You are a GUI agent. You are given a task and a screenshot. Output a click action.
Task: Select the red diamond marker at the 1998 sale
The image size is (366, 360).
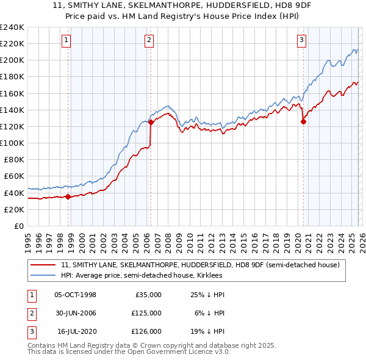pyautogui.click(x=68, y=196)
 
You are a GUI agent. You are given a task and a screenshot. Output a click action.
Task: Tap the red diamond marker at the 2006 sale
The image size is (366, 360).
pyautogui.click(x=151, y=122)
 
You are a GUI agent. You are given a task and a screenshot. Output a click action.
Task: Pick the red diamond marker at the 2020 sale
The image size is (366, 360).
pyautogui.click(x=303, y=121)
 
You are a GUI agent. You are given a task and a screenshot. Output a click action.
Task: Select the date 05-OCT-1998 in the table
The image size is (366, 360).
pyautogui.click(x=76, y=295)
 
